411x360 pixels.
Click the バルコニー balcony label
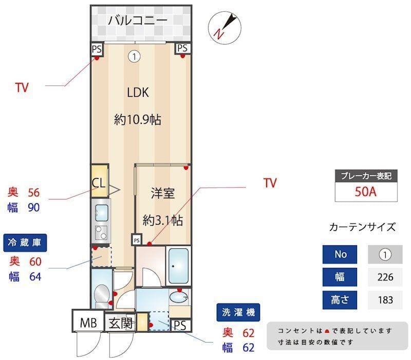pos(137,21)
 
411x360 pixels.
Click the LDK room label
pos(138,93)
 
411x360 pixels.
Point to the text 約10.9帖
pos(138,120)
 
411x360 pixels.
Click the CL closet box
pos(99,182)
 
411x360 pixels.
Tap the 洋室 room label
pos(162,193)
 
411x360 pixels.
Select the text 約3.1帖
pos(162,220)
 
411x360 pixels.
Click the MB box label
pos(88,323)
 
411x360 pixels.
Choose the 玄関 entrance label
pos(121,323)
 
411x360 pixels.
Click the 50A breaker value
pos(366,192)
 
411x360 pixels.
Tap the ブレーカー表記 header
pos(366,176)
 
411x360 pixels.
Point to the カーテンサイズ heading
pos(362,227)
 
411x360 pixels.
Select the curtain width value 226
pos(385,277)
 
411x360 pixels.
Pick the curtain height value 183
pos(385,299)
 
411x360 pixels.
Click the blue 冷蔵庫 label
pos(25,242)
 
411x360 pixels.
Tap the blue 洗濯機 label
pos(238,312)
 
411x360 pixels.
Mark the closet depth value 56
pos(33,192)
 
